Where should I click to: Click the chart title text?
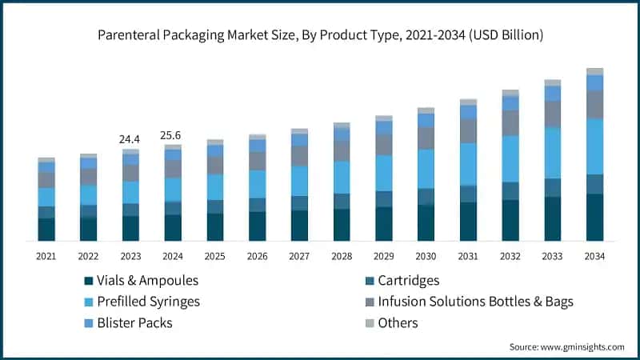320,35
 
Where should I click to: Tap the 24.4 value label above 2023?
130,139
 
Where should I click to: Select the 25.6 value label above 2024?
172,135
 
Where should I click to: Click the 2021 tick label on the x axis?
46,256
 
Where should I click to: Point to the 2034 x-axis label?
594,256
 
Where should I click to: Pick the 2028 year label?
342,256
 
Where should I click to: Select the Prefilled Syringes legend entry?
148,302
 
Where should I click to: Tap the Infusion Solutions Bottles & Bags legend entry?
467,302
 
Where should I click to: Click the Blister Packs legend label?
134,323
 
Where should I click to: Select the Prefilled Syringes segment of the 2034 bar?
594,146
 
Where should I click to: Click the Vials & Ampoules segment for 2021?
46,230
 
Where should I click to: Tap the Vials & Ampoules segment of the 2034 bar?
594,218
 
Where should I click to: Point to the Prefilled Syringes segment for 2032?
510,158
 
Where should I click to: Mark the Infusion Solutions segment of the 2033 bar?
552,114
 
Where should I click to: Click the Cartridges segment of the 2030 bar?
426,197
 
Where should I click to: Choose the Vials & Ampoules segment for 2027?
299,226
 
